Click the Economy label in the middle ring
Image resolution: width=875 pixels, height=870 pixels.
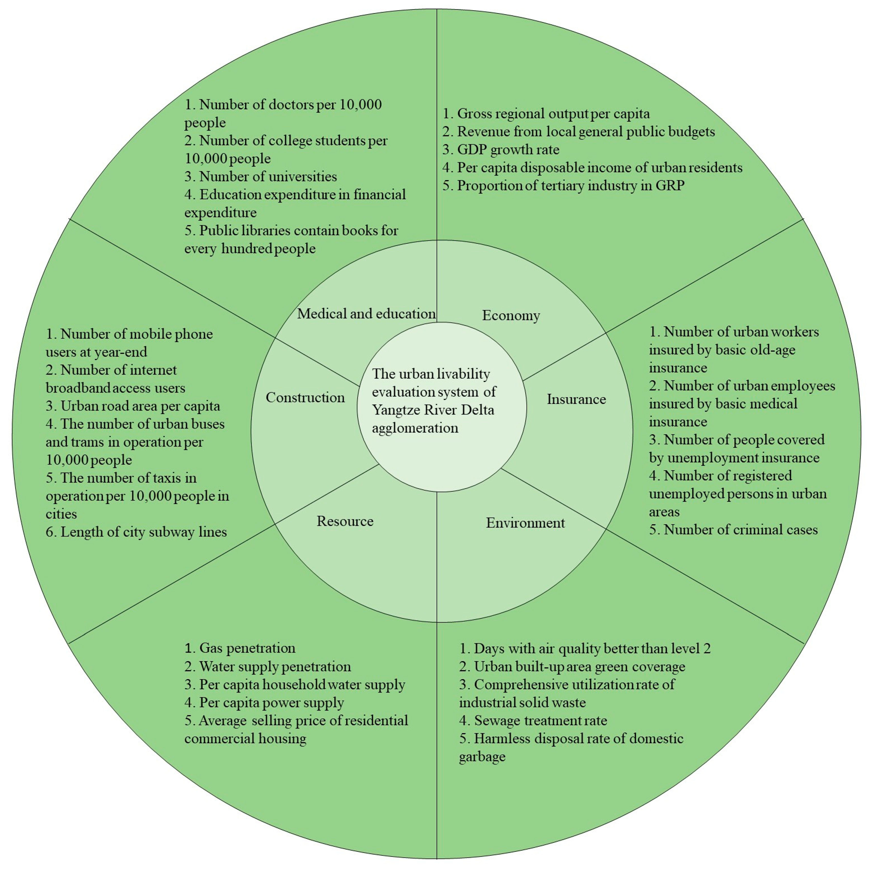click(511, 315)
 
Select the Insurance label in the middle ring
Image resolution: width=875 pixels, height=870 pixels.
click(576, 399)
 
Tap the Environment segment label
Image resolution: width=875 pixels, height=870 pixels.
click(525, 523)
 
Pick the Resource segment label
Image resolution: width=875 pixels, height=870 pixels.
click(345, 521)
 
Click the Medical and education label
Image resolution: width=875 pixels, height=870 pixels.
click(366, 314)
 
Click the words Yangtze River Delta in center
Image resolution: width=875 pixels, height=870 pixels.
click(433, 410)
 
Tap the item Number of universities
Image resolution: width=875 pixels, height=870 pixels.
click(261, 176)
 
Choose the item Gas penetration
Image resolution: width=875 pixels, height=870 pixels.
click(240, 648)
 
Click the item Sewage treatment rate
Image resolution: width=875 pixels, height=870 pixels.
click(533, 721)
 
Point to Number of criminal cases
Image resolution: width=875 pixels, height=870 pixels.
click(733, 530)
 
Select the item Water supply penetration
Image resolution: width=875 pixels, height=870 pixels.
click(268, 667)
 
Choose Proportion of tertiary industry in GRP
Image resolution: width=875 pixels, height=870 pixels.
click(563, 185)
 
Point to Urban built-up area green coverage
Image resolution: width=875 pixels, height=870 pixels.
click(572, 667)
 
